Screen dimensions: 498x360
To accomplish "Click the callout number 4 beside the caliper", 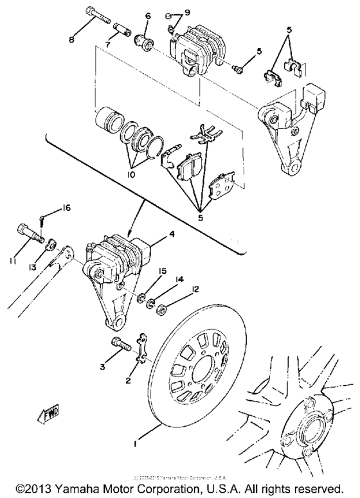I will coord(171,235).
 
